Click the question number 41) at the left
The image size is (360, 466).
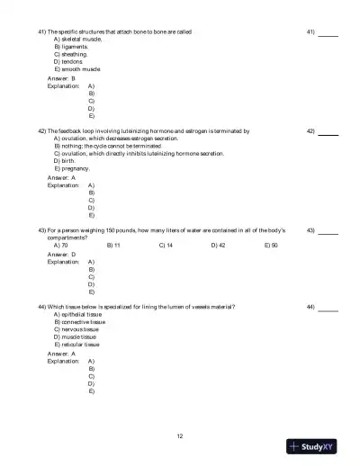click(41, 31)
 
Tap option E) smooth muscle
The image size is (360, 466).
click(76, 68)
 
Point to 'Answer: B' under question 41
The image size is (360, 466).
click(61, 78)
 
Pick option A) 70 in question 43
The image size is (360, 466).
click(61, 245)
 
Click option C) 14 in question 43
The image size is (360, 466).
click(166, 245)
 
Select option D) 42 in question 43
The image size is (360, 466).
click(218, 245)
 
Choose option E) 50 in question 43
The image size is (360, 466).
click(271, 245)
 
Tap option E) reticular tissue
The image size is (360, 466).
click(78, 344)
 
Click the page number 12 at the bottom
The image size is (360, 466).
click(180, 436)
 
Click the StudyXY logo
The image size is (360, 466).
click(320, 446)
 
